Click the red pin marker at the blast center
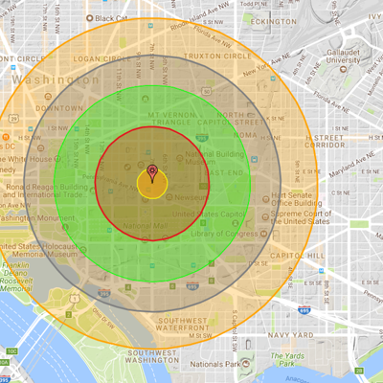tap(152, 173)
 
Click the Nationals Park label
tap(223, 365)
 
